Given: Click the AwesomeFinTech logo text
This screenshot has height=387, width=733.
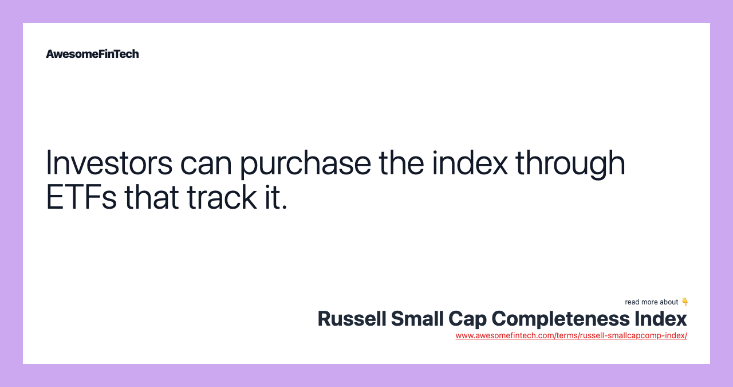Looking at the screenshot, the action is click(x=92, y=54).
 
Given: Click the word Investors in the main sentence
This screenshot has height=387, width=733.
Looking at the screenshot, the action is click(x=109, y=162).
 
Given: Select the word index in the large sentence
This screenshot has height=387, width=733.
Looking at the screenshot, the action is click(x=470, y=162).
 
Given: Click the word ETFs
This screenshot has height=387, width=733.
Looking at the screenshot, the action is click(x=81, y=197).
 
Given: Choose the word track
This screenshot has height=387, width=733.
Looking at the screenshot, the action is click(x=222, y=197).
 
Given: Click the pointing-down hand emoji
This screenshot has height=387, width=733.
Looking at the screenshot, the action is click(x=684, y=302).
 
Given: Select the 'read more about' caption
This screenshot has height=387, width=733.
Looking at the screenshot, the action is click(x=651, y=302).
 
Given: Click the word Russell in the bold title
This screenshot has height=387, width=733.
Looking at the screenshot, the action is click(x=352, y=319).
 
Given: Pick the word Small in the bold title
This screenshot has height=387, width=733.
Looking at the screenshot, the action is click(x=417, y=319).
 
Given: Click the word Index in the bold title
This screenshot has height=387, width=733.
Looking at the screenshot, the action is click(x=661, y=319).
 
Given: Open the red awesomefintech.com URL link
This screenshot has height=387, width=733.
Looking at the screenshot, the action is click(x=572, y=335).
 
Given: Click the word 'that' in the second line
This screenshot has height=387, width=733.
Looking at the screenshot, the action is click(x=152, y=197).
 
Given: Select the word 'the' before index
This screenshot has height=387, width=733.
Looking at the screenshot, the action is click(x=401, y=162).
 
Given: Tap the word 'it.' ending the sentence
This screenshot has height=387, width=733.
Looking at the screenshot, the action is click(x=277, y=197).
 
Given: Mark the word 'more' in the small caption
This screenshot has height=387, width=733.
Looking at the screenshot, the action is click(x=651, y=302).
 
